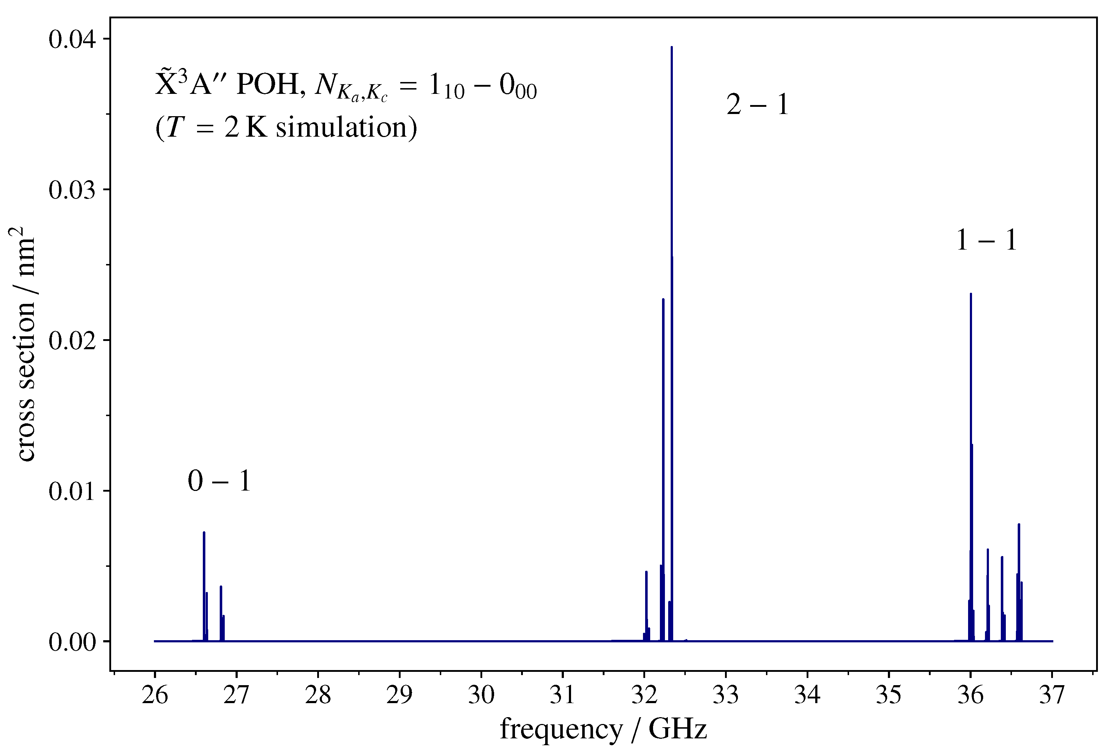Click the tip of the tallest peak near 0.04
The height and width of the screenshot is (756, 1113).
point(671,47)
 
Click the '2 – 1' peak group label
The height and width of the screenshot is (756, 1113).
point(757,104)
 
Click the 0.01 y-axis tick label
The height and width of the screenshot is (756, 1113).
point(72,492)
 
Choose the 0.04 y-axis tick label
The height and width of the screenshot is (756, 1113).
point(72,39)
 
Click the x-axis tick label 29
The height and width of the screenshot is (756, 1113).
point(400,695)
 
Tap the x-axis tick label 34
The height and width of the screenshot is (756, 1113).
point(807,695)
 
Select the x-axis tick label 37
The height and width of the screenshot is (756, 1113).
point(1052,695)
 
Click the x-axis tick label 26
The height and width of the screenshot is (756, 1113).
point(155,695)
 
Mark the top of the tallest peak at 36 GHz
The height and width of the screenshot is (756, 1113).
point(970,294)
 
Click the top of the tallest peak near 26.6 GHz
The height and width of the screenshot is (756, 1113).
point(204,533)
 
